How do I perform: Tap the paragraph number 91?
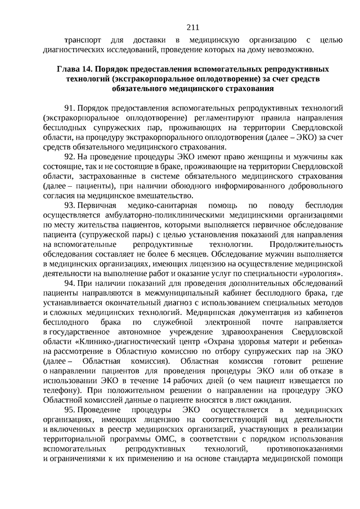point(69,106)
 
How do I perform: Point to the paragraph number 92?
point(69,157)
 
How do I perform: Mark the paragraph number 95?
point(69,410)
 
